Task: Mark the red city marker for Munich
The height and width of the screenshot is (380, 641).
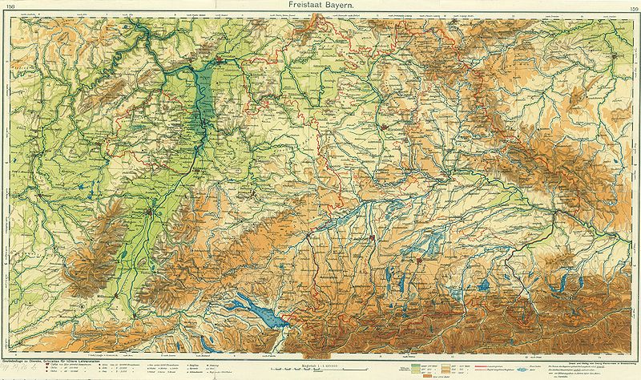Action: [x=420, y=259]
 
